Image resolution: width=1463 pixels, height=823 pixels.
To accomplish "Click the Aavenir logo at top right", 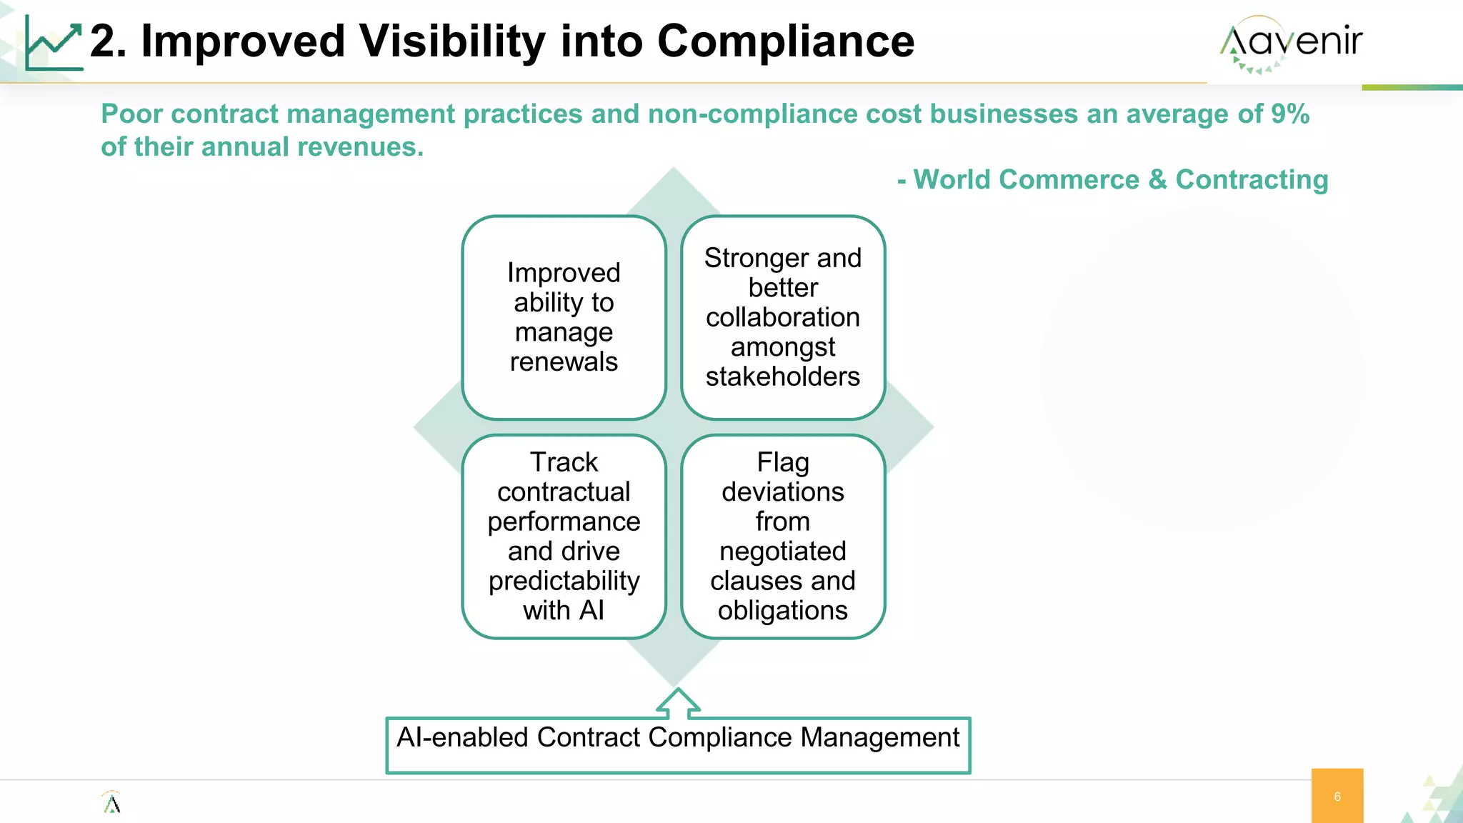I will [x=1291, y=43].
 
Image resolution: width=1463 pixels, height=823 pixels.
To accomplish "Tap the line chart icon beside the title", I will [x=54, y=44].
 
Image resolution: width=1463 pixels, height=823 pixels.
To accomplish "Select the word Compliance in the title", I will [x=785, y=41].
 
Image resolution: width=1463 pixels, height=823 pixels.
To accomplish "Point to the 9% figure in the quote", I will [x=1289, y=114].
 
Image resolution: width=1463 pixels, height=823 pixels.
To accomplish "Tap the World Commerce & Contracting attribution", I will [x=1120, y=179].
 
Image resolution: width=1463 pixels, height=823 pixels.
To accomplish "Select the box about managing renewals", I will [x=564, y=317].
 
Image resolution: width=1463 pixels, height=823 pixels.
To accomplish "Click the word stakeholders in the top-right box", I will [x=782, y=376].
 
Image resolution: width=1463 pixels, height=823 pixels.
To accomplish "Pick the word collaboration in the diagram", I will [x=782, y=317].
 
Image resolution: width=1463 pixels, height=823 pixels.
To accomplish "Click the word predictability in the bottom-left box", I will [x=564, y=581].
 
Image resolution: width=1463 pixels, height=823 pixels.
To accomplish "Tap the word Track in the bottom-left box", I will [x=564, y=462].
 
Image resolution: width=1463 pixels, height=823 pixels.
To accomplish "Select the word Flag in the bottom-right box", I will [x=782, y=462].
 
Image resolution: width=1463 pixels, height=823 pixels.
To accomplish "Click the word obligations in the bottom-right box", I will [x=782, y=611].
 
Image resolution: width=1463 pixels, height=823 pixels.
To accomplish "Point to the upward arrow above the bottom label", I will [x=677, y=703].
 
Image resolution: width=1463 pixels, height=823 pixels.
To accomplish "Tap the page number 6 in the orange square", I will [x=1337, y=797].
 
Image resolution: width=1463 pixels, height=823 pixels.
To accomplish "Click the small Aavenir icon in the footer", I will [x=111, y=803].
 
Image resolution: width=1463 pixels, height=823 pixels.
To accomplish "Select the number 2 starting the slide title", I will [x=104, y=41].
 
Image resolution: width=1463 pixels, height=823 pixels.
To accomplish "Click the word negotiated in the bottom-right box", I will [x=782, y=552].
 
